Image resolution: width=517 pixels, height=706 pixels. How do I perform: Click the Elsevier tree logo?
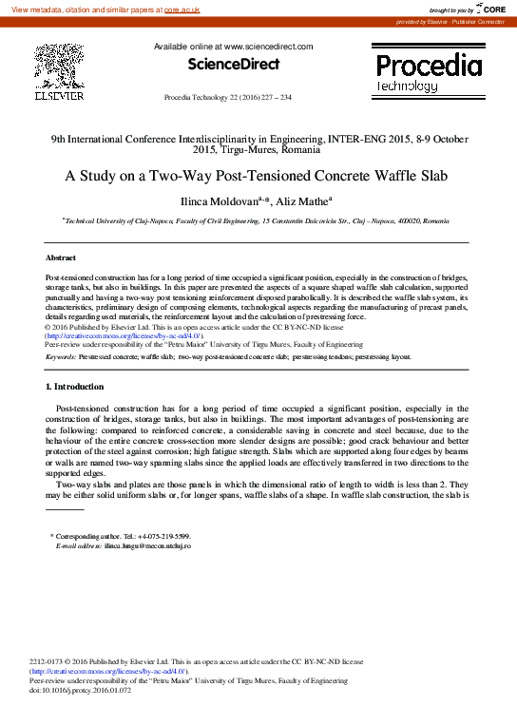pos(59,67)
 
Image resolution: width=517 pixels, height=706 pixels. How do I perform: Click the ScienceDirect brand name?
pos(233,65)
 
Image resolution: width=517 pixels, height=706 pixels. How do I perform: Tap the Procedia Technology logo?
pos(429,72)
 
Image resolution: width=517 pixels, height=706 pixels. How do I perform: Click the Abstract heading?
pos(60,258)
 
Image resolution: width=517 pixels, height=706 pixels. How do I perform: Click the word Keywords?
pos(61,356)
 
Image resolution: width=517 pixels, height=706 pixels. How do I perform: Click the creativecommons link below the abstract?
pos(122,335)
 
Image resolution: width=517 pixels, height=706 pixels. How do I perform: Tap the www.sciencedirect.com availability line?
pos(233,46)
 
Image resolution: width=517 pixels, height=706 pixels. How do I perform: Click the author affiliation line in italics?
pos(258,220)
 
